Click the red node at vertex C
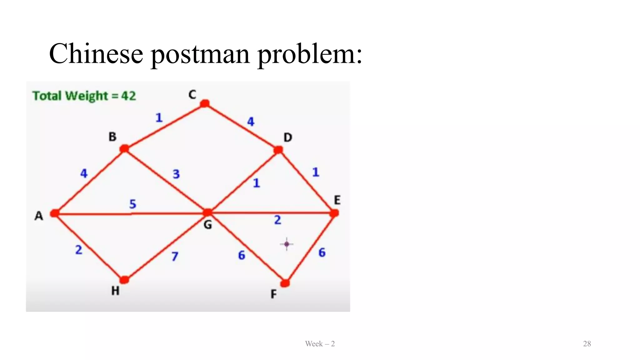(x=205, y=103)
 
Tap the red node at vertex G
(x=207, y=213)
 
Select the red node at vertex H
(x=124, y=279)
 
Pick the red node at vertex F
(x=285, y=283)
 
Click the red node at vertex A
(x=55, y=213)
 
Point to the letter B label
(x=112, y=137)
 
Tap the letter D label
(x=288, y=137)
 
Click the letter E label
(x=337, y=200)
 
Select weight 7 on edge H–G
(x=175, y=256)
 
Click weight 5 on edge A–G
(x=133, y=204)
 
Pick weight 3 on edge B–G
(x=176, y=174)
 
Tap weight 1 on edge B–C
(x=159, y=118)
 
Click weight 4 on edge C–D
(x=251, y=122)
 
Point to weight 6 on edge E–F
(x=322, y=252)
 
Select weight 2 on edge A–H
(x=79, y=250)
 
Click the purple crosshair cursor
(x=287, y=244)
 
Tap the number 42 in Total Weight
(x=128, y=96)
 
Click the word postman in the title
(x=200, y=54)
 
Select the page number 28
(x=587, y=344)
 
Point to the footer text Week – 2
(x=320, y=344)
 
